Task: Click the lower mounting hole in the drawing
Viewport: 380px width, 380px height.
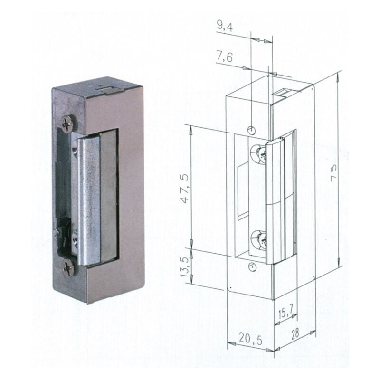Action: point(252,267)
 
